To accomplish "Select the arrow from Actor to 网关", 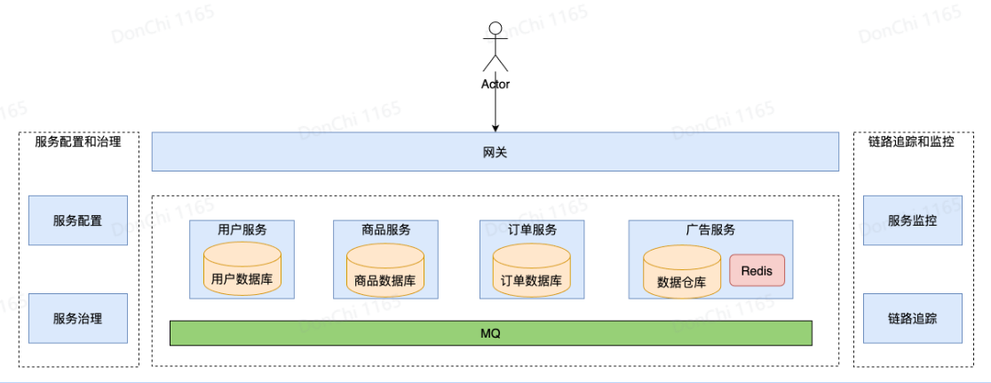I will pyautogui.click(x=495, y=110).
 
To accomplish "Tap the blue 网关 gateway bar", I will pyautogui.click(x=495, y=152).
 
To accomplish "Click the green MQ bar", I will pyautogui.click(x=491, y=333).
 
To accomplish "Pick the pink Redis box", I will pyautogui.click(x=757, y=270).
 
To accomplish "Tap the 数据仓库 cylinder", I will pyautogui.click(x=681, y=272).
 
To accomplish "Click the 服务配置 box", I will pyautogui.click(x=77, y=220).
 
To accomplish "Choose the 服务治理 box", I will pyautogui.click(x=77, y=318).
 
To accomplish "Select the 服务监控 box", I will pyautogui.click(x=912, y=220).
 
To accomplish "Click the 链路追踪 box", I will pyautogui.click(x=912, y=318).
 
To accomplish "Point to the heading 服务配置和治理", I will pyautogui.click(x=78, y=141).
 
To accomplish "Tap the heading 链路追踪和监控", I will pyautogui.click(x=911, y=141).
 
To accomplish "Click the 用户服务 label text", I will pyautogui.click(x=242, y=229).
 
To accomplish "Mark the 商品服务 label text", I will pyautogui.click(x=385, y=229).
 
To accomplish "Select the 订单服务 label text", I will pyautogui.click(x=532, y=229).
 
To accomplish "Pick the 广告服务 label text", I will pyautogui.click(x=710, y=229).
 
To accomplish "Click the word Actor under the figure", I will pyautogui.click(x=495, y=84).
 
